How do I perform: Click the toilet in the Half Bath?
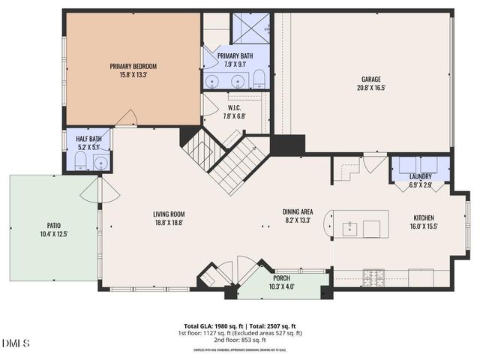(81, 160)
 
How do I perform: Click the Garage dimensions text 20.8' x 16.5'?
(371, 87)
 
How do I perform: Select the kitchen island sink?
(349, 229)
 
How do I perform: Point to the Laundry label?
(420, 176)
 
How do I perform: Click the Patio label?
(52, 226)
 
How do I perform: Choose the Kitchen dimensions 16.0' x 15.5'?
(424, 226)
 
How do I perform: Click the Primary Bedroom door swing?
(126, 118)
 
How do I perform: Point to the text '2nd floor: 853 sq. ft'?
(240, 339)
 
